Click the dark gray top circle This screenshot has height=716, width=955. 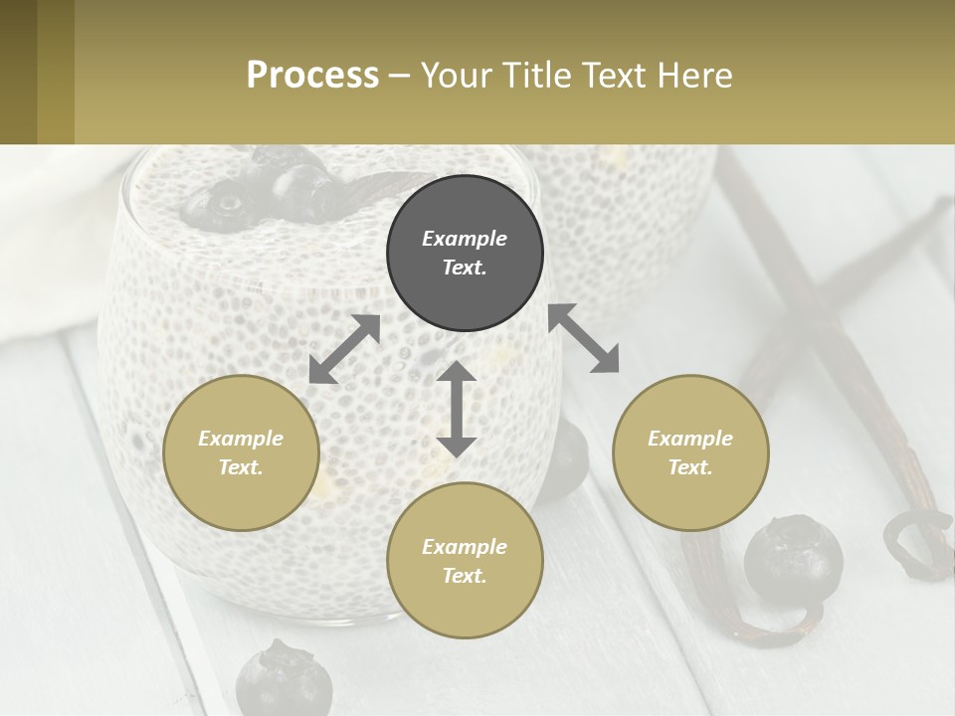click(465, 253)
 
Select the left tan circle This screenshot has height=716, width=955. click(241, 452)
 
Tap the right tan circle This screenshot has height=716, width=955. click(690, 452)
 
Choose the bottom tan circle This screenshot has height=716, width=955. click(465, 561)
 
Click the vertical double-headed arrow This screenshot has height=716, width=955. click(457, 409)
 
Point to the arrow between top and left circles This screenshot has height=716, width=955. click(344, 349)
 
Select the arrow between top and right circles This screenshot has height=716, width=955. click(583, 338)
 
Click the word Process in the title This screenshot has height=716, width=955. click(312, 75)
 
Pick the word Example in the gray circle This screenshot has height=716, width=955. click(465, 239)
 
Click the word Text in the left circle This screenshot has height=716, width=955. click(240, 467)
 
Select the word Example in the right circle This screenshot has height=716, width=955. click(690, 439)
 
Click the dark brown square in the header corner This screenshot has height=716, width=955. click(18, 72)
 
